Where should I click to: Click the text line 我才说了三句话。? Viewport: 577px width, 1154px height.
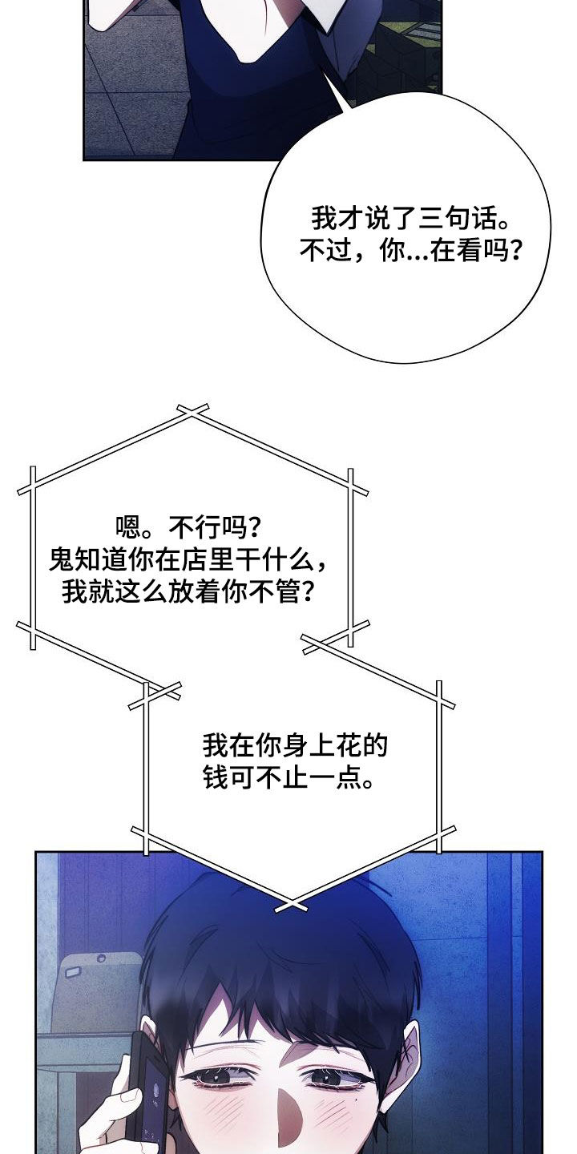coord(409,219)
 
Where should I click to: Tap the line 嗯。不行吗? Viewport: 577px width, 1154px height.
coord(188,527)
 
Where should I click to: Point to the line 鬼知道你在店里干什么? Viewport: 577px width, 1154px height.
coord(188,560)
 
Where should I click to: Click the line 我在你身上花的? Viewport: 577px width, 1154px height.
coord(295,747)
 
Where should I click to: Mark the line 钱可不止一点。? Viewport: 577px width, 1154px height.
coord(288,778)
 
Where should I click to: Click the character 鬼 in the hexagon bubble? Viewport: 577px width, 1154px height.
coord(62,560)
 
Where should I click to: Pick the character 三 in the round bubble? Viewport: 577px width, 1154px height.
coord(431,219)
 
